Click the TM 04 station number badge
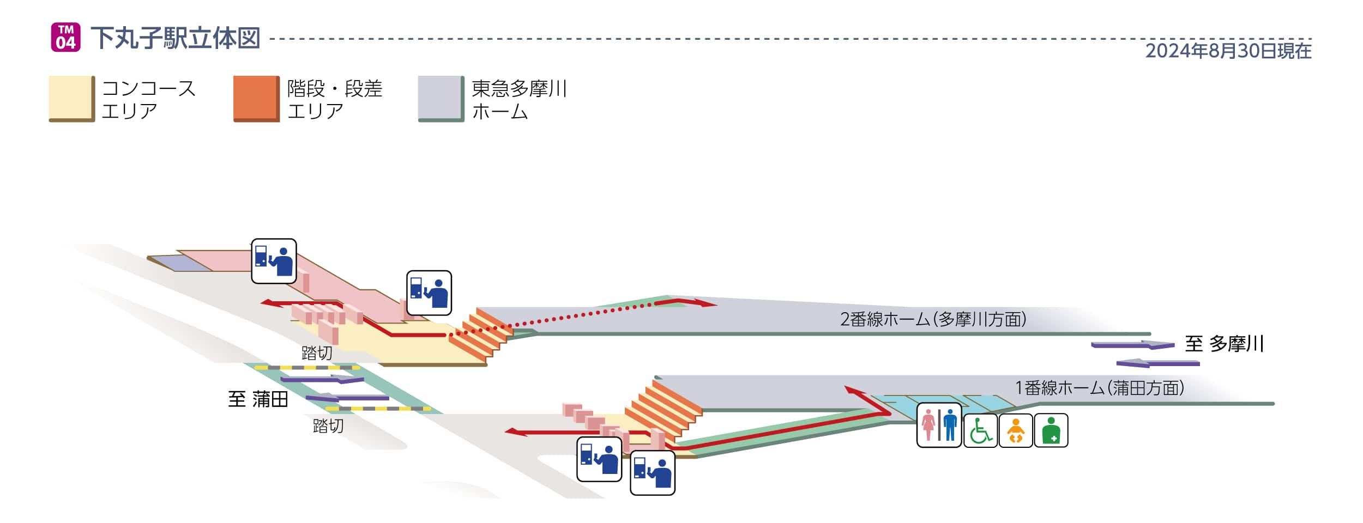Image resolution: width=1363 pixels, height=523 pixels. tap(65, 37)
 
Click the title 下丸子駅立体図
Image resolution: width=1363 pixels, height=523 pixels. tap(175, 38)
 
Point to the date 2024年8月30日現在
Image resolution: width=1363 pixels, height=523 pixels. tap(1228, 51)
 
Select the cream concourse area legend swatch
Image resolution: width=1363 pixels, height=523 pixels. tap(71, 99)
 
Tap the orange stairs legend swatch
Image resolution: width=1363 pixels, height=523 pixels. tap(256, 99)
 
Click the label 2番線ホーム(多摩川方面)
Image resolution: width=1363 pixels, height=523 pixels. tap(933, 319)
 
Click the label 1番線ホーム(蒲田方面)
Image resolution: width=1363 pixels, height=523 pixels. tap(1099, 388)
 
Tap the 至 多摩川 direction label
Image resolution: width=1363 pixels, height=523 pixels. tap(1224, 344)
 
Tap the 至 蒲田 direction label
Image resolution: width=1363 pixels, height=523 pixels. tap(258, 399)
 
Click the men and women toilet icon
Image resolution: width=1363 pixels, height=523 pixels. tap(939, 425)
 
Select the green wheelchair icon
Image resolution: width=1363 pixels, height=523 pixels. tap(980, 430)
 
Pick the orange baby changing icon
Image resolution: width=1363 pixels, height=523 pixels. tap(1015, 430)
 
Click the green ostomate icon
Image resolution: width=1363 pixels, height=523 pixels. tap(1051, 430)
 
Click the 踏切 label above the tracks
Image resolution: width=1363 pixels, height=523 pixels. tap(317, 353)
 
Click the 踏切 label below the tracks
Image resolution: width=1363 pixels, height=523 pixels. tap(328, 425)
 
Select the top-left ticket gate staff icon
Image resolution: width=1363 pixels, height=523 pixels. tap(274, 261)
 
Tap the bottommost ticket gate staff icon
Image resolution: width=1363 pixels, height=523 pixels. tap(652, 472)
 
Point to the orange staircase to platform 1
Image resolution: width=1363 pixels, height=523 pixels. tap(662, 409)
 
